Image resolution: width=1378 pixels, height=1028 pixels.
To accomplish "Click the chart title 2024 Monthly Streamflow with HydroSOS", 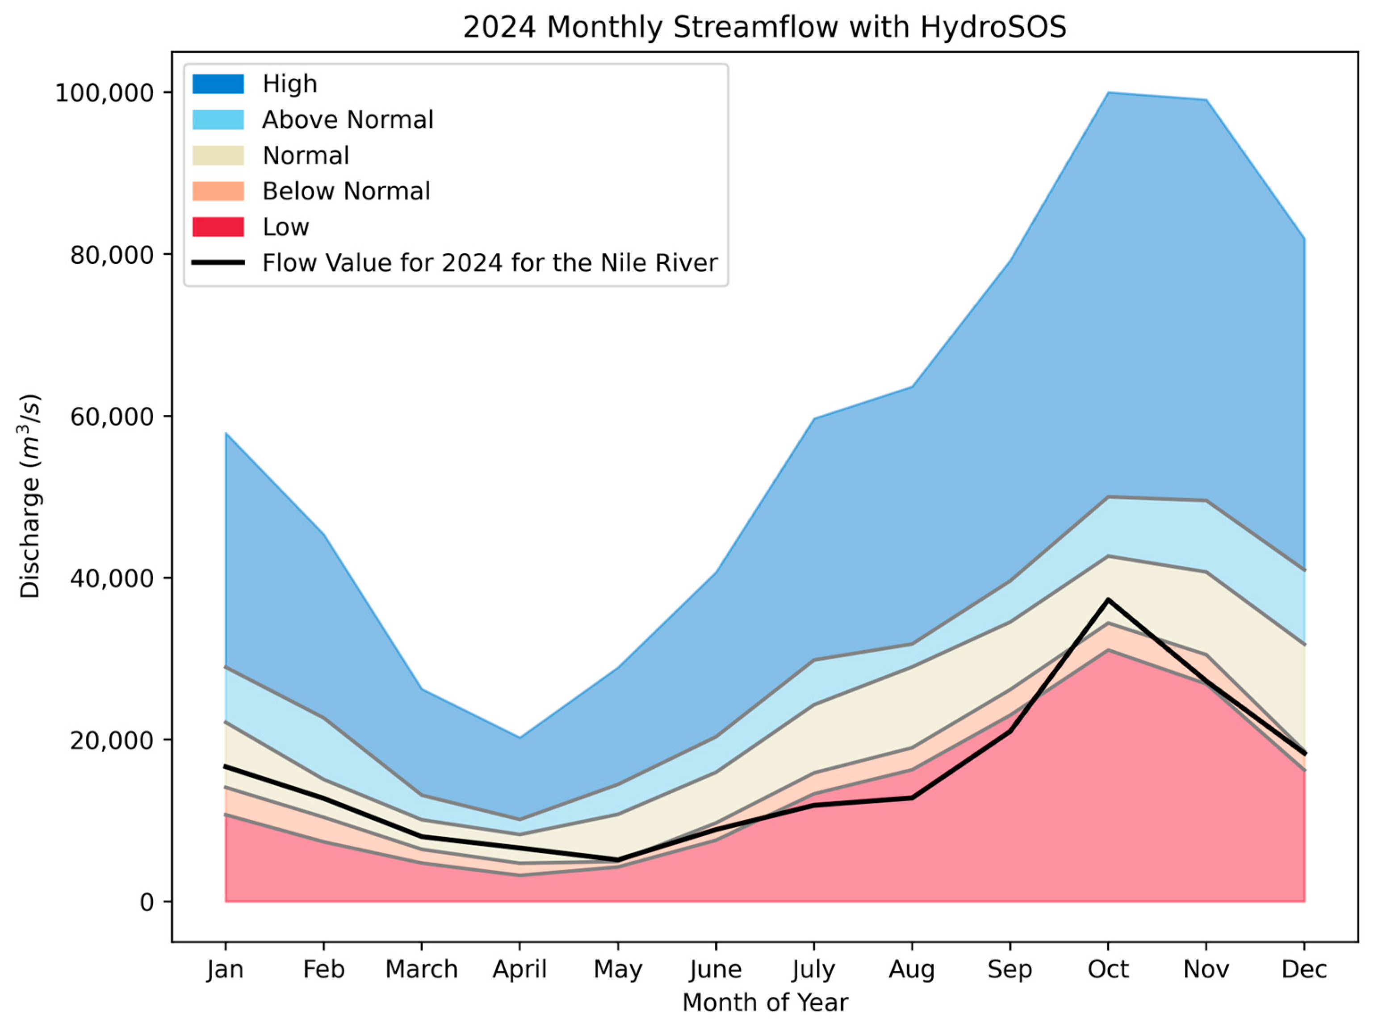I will pyautogui.click(x=764, y=27).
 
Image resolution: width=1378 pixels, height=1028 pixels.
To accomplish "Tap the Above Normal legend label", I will pyautogui.click(x=348, y=119).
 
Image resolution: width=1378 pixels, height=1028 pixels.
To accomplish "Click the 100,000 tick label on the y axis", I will pyautogui.click(x=105, y=93).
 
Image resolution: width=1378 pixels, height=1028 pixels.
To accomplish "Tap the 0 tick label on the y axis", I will pyautogui.click(x=147, y=902).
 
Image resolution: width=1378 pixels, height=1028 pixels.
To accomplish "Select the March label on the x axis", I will pyautogui.click(x=422, y=969).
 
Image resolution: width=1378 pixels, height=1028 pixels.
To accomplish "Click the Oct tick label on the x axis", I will pyautogui.click(x=1108, y=969).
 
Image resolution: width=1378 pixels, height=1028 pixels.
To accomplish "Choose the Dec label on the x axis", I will pyautogui.click(x=1304, y=969).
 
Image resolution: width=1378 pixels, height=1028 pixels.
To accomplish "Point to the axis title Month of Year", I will pyautogui.click(x=764, y=1003).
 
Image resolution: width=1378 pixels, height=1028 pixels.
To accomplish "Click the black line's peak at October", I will pyautogui.click(x=1108, y=600).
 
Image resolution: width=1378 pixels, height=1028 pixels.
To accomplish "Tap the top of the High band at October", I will pyautogui.click(x=1108, y=93).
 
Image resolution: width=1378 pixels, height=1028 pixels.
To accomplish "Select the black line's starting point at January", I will pyautogui.click(x=226, y=766).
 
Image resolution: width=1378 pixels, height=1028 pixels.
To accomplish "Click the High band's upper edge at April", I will pyautogui.click(x=520, y=737).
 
